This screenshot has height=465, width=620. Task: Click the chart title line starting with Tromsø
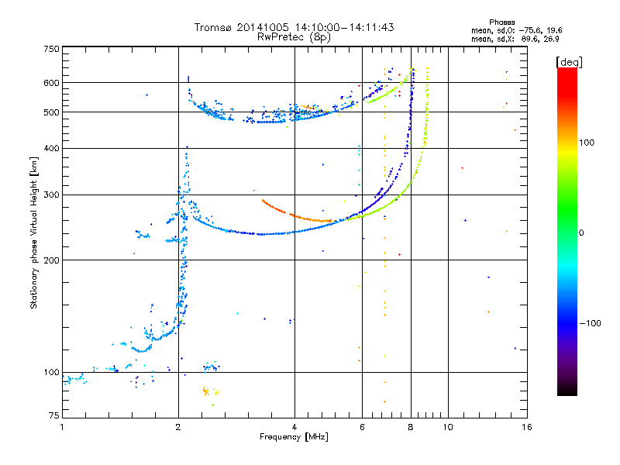(x=294, y=27)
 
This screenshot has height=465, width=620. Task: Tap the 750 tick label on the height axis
(x=50, y=49)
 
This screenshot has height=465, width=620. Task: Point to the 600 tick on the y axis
(x=50, y=83)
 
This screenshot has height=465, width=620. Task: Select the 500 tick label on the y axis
(x=50, y=112)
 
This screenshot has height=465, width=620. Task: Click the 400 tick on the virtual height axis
(x=50, y=149)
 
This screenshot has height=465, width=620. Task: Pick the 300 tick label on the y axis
(x=50, y=195)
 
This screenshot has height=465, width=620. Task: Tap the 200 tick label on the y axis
(x=50, y=260)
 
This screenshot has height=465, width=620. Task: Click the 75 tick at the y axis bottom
(x=53, y=418)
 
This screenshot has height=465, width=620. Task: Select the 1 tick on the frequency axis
(x=62, y=427)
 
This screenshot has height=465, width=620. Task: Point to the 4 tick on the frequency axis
(x=294, y=427)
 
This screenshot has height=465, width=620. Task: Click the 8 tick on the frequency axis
(x=412, y=427)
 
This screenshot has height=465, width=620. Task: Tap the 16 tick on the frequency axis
(x=526, y=427)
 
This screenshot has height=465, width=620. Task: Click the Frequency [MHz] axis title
(x=294, y=437)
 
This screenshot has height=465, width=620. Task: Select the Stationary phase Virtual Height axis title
(x=34, y=232)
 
